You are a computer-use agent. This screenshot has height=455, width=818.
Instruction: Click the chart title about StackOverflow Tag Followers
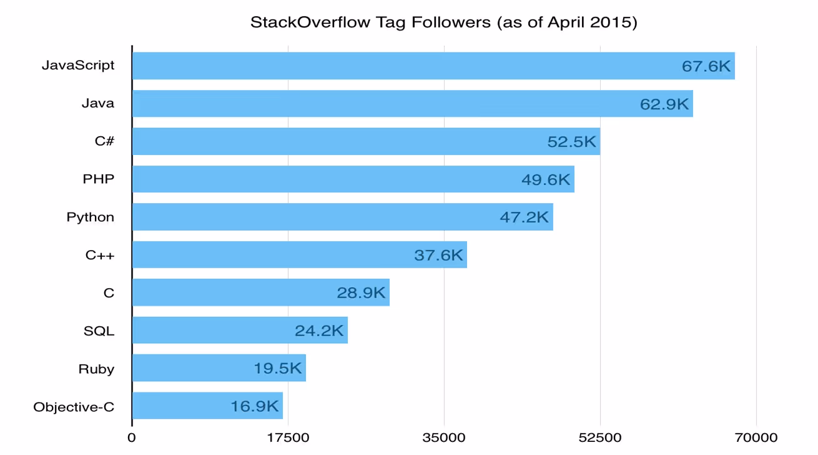(443, 22)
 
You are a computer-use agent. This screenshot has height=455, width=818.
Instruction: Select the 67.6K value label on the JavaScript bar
(706, 66)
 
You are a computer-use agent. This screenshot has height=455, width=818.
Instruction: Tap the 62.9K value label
(664, 104)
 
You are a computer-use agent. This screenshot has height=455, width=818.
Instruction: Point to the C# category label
(104, 141)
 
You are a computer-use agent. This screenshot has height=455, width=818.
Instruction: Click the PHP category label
(99, 179)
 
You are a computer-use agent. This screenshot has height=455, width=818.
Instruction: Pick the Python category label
(91, 217)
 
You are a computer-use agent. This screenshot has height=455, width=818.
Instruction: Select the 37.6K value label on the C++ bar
(438, 255)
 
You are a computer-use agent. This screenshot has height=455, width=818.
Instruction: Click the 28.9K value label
(361, 293)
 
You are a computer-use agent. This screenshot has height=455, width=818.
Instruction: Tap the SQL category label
(99, 331)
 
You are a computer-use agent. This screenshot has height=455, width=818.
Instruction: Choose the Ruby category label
(96, 369)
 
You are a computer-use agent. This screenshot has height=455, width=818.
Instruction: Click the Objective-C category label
(74, 407)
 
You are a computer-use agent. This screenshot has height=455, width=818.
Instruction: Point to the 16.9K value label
(254, 407)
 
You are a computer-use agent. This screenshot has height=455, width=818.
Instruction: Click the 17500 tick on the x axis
(288, 437)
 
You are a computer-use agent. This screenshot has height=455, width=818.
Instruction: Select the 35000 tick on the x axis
(444, 437)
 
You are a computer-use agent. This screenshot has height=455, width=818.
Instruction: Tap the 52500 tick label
(600, 437)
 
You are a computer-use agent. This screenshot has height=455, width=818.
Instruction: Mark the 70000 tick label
(756, 437)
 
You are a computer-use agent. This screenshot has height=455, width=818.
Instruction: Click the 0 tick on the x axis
(132, 437)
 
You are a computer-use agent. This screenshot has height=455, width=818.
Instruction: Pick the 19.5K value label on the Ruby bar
(277, 369)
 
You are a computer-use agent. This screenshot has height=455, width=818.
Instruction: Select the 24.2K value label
(319, 331)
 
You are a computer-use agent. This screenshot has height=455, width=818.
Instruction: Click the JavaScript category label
(78, 65)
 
